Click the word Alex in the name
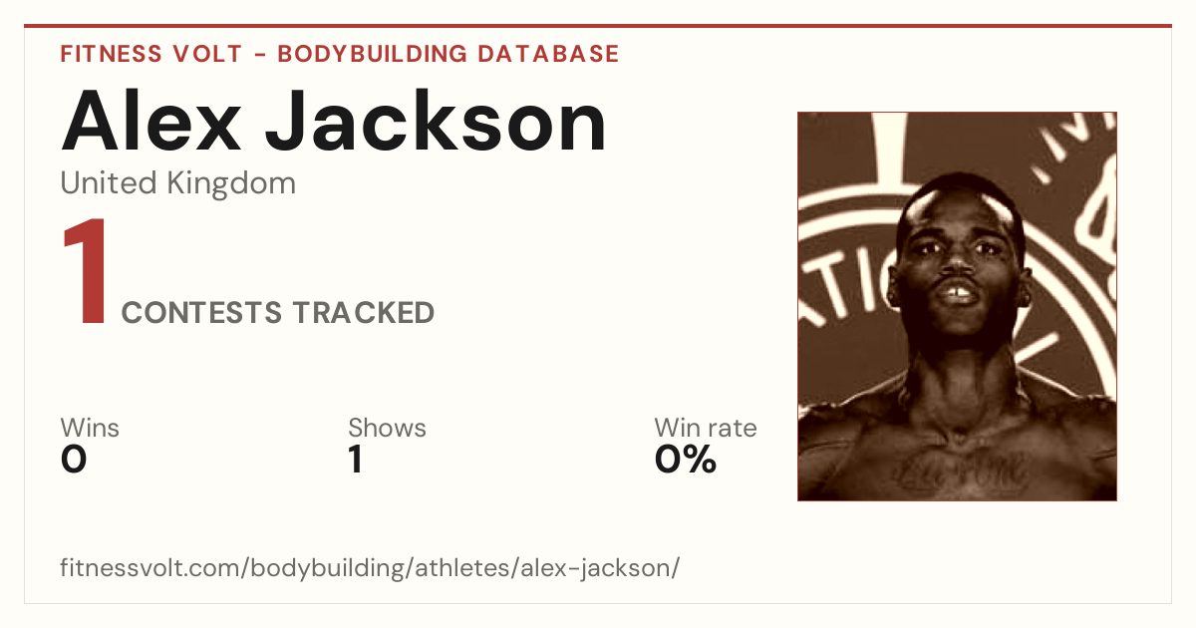pyautogui.click(x=151, y=122)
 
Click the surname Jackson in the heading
pyautogui.click(x=436, y=122)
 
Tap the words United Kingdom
pyautogui.click(x=177, y=183)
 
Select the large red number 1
pyautogui.click(x=86, y=270)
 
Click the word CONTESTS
pyautogui.click(x=201, y=312)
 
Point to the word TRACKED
pyautogui.click(x=364, y=312)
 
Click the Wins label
pyautogui.click(x=90, y=428)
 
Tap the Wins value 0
pyautogui.click(x=74, y=460)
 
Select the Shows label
pyautogui.click(x=387, y=428)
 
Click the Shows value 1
pyautogui.click(x=356, y=460)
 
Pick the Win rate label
pyautogui.click(x=706, y=428)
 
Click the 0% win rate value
pyautogui.click(x=685, y=460)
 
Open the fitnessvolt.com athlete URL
pyautogui.click(x=370, y=568)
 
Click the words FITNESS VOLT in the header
pyautogui.click(x=151, y=54)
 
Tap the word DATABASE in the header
pyautogui.click(x=548, y=54)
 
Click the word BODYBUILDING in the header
pyautogui.click(x=372, y=54)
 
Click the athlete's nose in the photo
pyautogui.click(x=958, y=260)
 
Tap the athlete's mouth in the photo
pyautogui.click(x=960, y=293)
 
